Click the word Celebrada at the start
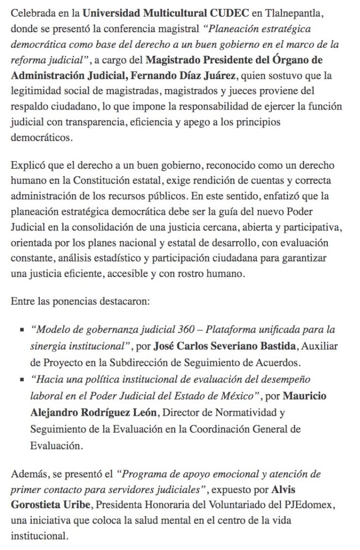pos(31,11)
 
